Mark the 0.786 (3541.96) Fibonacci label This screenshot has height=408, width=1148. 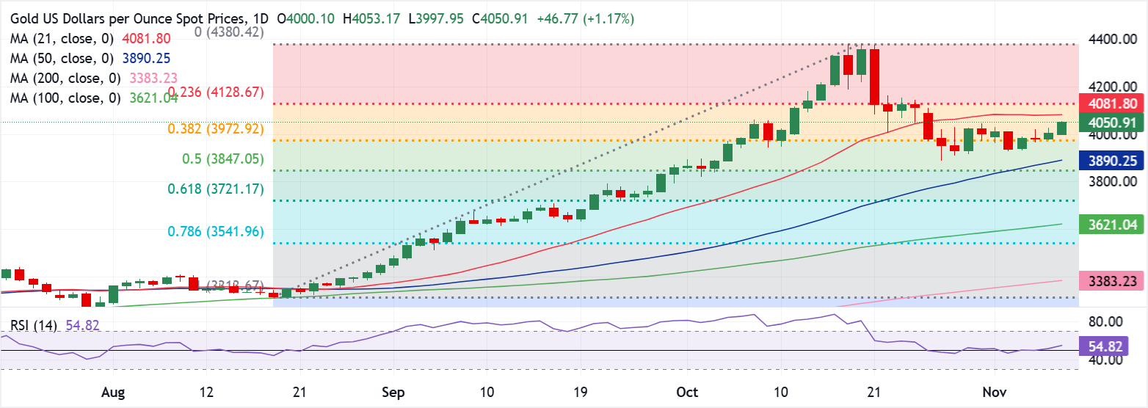[x=218, y=231]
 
